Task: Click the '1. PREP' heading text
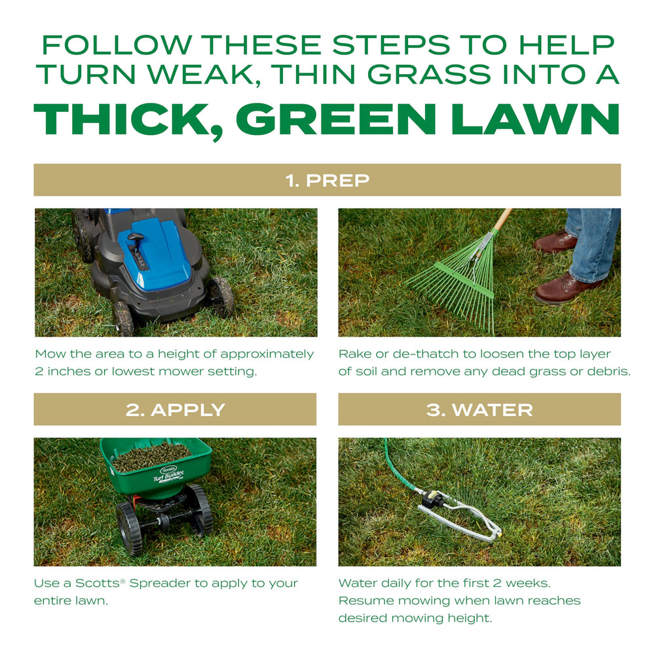pos(327,181)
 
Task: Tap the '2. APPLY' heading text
pos(176,410)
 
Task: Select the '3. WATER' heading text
pos(479,410)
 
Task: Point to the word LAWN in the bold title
pos(536,119)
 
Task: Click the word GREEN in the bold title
pos(336,119)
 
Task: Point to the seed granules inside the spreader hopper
pos(152,457)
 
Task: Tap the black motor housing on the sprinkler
pos(431,498)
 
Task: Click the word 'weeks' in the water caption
pos(528,583)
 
